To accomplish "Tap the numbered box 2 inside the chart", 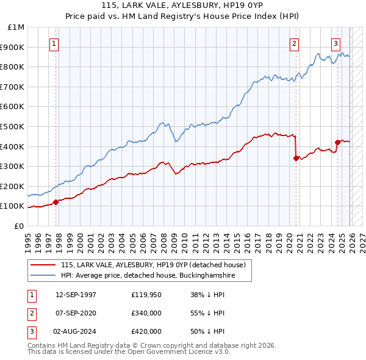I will (295, 43).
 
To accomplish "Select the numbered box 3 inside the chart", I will (335, 43).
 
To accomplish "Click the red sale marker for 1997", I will (56, 202).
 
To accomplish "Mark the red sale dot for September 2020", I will (296, 158).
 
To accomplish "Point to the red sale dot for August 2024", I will (337, 142).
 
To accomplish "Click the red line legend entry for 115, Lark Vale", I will (152, 265).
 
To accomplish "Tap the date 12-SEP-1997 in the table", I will (75, 294).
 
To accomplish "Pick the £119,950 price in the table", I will (146, 294).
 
